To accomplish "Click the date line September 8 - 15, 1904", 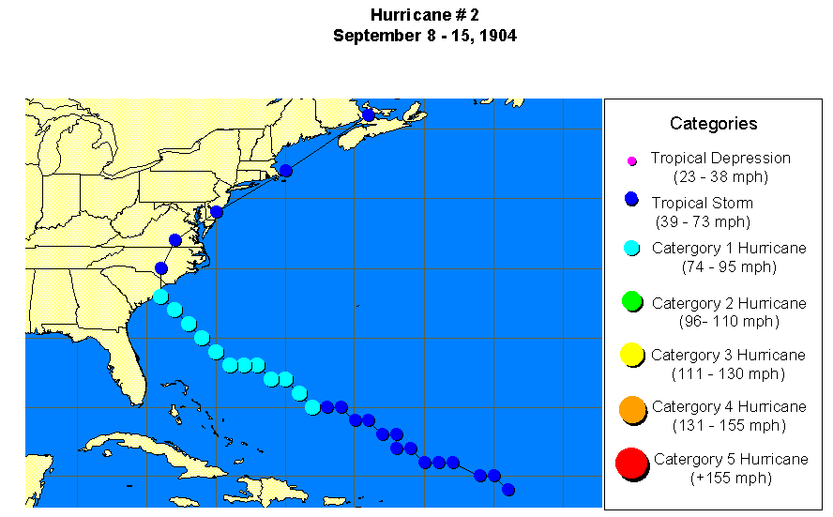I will click(x=424, y=36).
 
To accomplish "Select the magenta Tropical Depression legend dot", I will click(x=631, y=161).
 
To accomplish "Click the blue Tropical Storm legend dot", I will click(x=631, y=199).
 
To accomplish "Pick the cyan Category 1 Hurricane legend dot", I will click(x=631, y=248).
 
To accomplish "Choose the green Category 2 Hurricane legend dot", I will click(x=631, y=301).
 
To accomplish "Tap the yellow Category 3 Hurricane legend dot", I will click(x=631, y=354).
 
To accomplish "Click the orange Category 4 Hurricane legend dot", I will click(x=632, y=408).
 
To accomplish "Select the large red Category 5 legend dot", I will click(x=631, y=463).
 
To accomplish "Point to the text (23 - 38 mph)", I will click(x=720, y=176).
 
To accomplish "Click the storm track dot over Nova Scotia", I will click(x=368, y=114).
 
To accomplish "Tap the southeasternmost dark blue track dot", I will click(x=508, y=490).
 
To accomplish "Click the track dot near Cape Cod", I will click(x=286, y=171).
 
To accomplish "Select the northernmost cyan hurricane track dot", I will click(x=160, y=297).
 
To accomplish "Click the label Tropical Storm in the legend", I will click(x=702, y=203).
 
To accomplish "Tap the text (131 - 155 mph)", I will click(x=729, y=425).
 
